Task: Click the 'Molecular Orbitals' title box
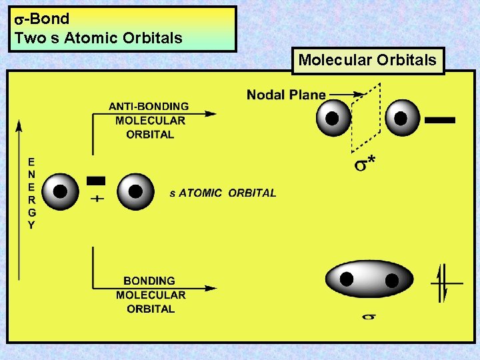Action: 367,60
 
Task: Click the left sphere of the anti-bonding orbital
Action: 333,118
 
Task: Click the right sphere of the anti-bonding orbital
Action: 402,118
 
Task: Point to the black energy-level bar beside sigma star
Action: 440,120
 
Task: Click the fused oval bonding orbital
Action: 369,279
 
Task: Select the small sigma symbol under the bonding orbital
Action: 368,317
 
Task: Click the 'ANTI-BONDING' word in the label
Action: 149,107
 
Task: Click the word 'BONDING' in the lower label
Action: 149,281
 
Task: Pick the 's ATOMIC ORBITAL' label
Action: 223,193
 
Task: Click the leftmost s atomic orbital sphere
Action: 60,191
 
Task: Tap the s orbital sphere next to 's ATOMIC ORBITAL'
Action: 135,191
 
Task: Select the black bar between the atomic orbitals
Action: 96,180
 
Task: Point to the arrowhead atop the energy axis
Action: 19,123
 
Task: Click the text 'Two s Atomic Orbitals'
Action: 98,38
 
